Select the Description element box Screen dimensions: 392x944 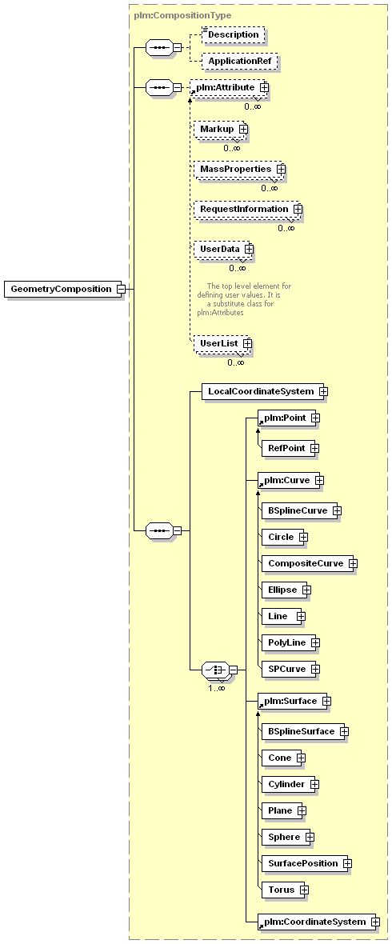233,34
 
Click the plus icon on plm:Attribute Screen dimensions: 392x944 264,88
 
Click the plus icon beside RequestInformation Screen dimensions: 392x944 298,209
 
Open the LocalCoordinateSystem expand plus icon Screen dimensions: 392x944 323,391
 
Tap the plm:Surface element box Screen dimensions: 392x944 291,701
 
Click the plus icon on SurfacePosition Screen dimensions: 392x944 347,863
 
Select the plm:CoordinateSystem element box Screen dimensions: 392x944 316,922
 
